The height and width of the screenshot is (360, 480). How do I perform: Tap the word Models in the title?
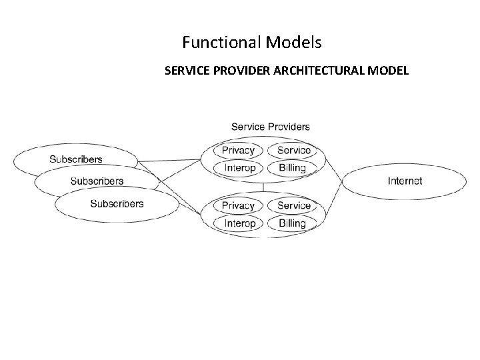pos(293,43)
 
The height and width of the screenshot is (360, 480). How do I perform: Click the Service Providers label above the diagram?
pos(270,126)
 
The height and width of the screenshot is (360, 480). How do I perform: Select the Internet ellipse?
pos(405,181)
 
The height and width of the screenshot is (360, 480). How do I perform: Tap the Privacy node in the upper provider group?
pos(239,151)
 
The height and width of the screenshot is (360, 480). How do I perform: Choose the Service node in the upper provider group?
pos(293,151)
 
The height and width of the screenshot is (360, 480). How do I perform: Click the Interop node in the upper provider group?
pos(240,168)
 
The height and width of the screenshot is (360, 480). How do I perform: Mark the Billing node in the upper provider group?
pos(292,168)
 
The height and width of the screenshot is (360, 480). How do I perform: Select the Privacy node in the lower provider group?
pos(239,206)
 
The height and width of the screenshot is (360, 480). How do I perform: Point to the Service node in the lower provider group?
pos(293,206)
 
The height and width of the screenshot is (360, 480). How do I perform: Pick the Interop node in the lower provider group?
pos(240,223)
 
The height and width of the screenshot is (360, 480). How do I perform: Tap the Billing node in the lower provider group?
pos(292,223)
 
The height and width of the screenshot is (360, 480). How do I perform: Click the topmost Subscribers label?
pos(76,159)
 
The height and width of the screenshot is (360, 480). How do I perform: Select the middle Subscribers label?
pos(97,181)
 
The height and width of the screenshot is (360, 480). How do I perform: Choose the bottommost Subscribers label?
pos(117,203)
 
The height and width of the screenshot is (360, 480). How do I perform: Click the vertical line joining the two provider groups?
pos(265,187)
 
